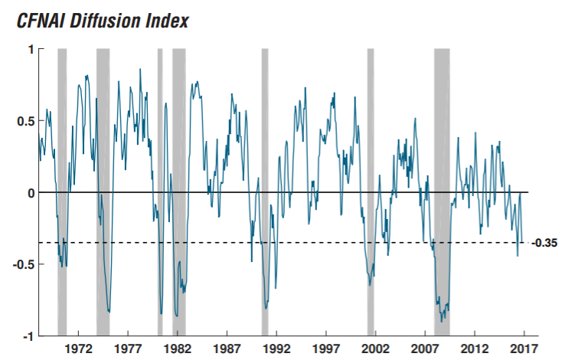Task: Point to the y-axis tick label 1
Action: tap(31, 49)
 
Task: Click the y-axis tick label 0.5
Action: tap(26, 121)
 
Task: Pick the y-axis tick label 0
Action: tap(31, 192)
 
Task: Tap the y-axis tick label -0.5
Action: tap(25, 264)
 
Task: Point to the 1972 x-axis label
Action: tap(78, 349)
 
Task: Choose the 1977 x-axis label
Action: tap(127, 349)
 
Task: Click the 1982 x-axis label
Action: tap(177, 349)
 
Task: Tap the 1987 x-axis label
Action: tap(227, 349)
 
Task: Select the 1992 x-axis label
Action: tap(276, 349)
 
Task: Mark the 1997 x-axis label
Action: tap(326, 349)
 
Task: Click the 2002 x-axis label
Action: tap(376, 349)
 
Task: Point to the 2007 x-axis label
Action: tap(425, 349)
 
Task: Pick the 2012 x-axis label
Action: tap(475, 349)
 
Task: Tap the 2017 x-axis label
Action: tap(524, 349)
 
